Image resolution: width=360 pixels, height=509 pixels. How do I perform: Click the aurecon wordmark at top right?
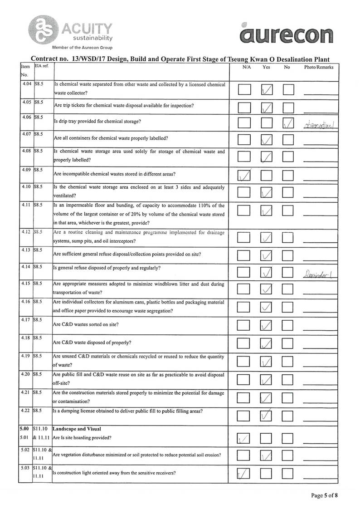coord(286,34)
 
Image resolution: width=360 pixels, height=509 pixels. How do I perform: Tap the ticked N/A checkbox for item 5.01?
coord(245,439)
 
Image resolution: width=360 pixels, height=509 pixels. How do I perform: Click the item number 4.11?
coord(26,205)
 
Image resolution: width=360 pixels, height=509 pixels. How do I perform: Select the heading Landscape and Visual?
coord(77,429)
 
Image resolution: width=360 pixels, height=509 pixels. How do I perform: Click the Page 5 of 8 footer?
coord(324,495)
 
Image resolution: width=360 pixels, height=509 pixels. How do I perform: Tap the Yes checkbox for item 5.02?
coord(267,456)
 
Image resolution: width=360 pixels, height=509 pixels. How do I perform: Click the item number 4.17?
coord(26,320)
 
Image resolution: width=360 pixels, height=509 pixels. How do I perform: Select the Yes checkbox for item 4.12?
coord(267,237)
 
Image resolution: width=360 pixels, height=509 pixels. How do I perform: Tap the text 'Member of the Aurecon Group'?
coord(82,48)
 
